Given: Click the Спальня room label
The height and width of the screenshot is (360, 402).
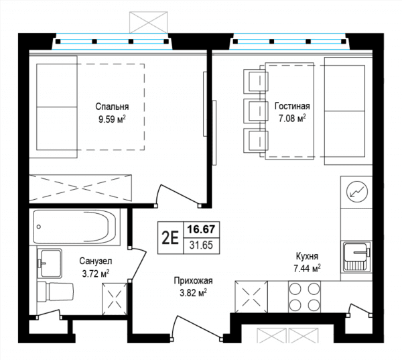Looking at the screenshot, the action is [x=112, y=107].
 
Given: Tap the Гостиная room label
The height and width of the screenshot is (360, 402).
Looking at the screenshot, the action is [x=292, y=106].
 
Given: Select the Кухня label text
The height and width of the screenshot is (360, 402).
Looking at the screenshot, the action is [x=307, y=256].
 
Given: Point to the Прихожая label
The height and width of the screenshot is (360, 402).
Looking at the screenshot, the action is [x=194, y=281].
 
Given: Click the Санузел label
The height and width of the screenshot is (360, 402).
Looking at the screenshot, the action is [x=96, y=261].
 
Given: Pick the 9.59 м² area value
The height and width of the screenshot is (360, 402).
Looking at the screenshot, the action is [x=113, y=119].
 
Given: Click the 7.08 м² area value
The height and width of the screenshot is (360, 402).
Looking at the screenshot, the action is [x=292, y=118].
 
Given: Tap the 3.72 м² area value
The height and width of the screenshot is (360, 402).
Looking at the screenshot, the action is [x=96, y=274].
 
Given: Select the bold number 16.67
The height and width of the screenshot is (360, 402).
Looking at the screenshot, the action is [x=202, y=229].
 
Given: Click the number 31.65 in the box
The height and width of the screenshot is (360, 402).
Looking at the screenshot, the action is [x=202, y=245].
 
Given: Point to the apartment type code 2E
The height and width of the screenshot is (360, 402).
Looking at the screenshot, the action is [x=170, y=238].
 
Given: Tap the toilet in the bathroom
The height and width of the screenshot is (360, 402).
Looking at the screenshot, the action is [x=56, y=292].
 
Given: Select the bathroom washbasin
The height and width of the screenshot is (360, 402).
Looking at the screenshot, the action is [x=50, y=263].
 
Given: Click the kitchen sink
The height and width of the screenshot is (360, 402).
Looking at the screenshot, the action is [x=356, y=257].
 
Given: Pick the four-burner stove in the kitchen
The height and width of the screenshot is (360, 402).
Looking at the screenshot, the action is [x=304, y=297].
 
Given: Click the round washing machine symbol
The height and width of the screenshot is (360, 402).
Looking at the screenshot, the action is [x=357, y=192].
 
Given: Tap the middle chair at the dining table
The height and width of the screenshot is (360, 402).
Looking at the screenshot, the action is [x=256, y=110].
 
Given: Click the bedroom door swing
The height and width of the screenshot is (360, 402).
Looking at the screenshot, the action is [x=178, y=195].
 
